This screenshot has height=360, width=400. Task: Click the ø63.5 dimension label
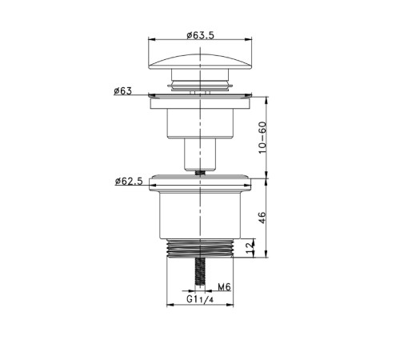click(200, 35)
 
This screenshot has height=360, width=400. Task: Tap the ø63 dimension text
click(123, 91)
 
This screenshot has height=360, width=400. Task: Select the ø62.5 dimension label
click(129, 182)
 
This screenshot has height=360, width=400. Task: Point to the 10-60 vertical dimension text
click(262, 138)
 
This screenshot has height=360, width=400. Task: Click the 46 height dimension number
click(262, 218)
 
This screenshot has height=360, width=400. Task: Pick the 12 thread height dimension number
click(250, 248)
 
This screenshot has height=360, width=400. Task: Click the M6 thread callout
click(224, 287)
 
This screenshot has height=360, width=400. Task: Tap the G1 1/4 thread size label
click(200, 299)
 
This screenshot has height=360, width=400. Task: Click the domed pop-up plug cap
click(200, 62)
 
